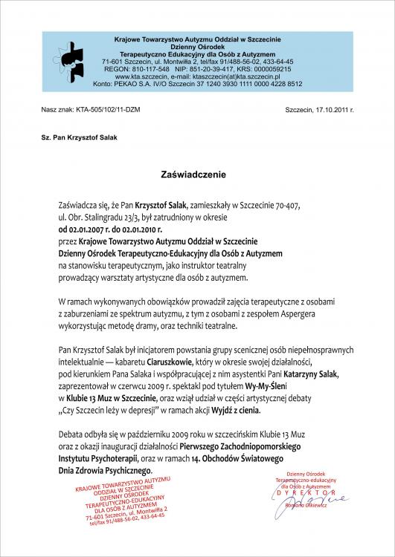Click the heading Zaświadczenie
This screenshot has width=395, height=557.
197,175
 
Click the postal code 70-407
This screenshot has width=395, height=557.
289,203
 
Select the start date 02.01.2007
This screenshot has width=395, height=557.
77,229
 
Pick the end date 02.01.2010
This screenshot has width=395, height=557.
141,229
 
